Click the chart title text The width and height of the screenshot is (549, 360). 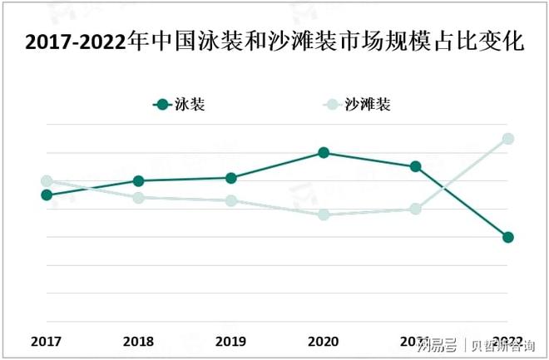click(x=274, y=42)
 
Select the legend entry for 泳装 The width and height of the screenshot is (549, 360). click(x=180, y=105)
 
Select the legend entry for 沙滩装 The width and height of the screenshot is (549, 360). click(x=358, y=105)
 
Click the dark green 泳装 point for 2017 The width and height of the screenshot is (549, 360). click(x=47, y=195)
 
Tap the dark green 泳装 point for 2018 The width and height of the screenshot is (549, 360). click(x=139, y=180)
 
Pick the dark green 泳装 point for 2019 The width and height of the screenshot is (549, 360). click(x=231, y=178)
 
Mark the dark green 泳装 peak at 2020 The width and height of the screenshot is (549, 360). click(x=324, y=153)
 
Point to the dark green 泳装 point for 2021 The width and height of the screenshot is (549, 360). click(x=416, y=166)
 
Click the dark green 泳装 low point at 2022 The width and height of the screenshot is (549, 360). click(x=508, y=237)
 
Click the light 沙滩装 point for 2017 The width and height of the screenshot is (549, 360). click(x=47, y=180)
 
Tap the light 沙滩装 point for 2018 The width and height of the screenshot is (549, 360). click(x=139, y=197)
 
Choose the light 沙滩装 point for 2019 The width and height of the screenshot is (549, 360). click(x=231, y=200)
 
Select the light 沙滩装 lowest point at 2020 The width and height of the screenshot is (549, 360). click(x=324, y=215)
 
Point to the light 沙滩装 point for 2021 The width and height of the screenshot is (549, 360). click(x=416, y=209)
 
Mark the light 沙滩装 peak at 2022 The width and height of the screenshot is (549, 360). click(x=508, y=139)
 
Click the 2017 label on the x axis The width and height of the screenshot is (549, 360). click(x=47, y=341)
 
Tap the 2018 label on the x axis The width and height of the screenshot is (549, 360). click(x=139, y=341)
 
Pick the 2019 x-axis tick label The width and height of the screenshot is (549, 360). click(x=231, y=341)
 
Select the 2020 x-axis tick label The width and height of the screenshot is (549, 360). click(x=324, y=341)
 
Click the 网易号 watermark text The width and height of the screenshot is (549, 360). click(x=438, y=344)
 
